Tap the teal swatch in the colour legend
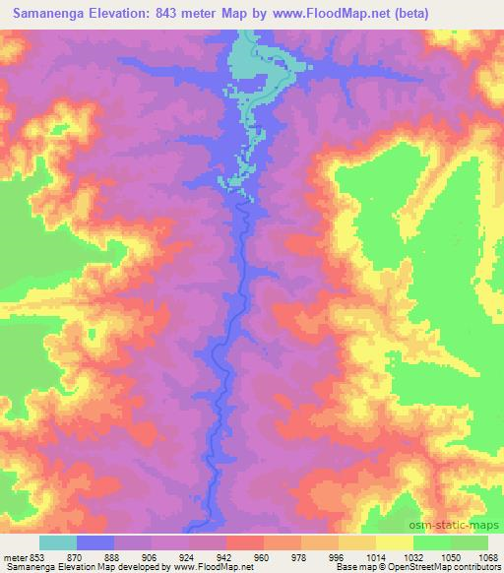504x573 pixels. click(58, 541)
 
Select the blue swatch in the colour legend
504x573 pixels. click(95, 541)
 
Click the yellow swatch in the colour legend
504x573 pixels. click(395, 541)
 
